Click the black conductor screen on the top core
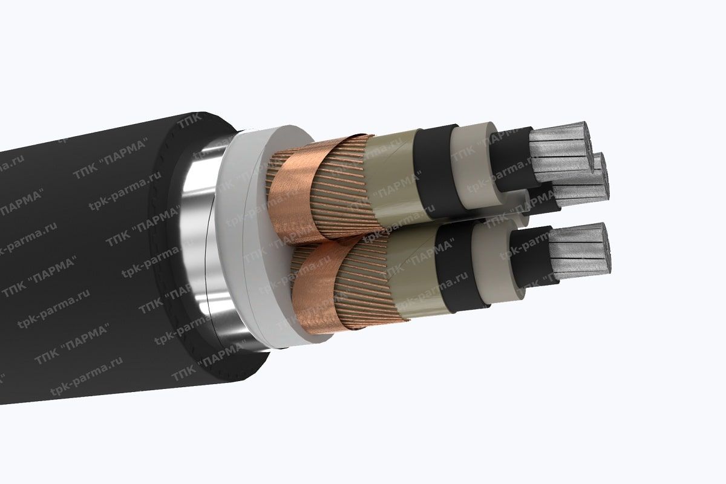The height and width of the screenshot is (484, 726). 511,159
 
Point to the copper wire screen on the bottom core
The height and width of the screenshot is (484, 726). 363,284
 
